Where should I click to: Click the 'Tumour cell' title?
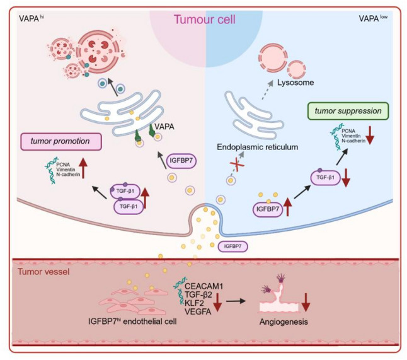[205, 20]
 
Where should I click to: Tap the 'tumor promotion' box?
[61, 142]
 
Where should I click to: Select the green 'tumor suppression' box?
[348, 111]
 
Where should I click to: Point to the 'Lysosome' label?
[295, 83]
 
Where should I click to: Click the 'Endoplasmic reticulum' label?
[258, 147]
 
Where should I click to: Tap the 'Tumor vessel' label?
[43, 272]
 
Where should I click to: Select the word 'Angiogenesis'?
[284, 322]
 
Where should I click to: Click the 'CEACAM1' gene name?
[204, 286]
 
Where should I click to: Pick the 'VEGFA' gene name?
[198, 311]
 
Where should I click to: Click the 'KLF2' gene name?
[194, 303]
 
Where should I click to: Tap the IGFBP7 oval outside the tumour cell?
[233, 247]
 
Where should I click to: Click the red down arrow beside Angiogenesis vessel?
[306, 302]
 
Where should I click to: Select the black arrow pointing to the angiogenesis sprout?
[236, 301]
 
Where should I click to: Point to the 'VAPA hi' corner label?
[31, 19]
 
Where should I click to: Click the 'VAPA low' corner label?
[373, 18]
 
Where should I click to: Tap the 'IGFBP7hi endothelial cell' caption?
[132, 322]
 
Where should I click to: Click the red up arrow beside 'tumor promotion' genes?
[83, 168]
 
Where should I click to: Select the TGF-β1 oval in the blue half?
[325, 177]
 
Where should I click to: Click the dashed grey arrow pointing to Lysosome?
[267, 90]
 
